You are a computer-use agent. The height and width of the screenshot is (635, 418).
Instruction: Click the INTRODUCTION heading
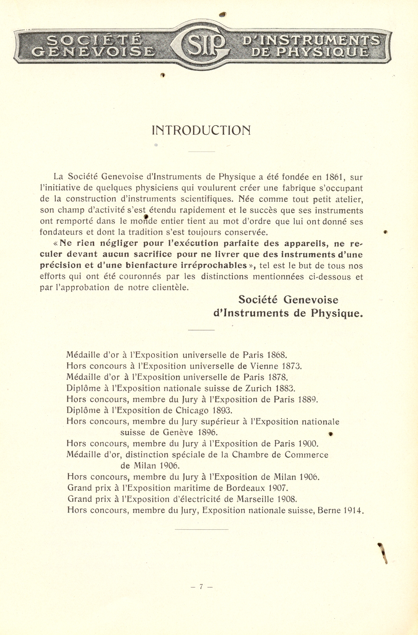point(201,130)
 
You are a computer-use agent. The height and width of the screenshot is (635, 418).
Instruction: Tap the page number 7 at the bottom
point(201,587)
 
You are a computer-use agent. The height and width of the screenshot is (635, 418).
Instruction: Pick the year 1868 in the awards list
point(276,355)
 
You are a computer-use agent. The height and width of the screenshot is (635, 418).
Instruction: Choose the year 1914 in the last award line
point(353,510)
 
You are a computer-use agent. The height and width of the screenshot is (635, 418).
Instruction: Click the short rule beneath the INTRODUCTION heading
point(202,152)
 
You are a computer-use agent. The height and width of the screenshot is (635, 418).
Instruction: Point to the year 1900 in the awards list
point(308,444)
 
